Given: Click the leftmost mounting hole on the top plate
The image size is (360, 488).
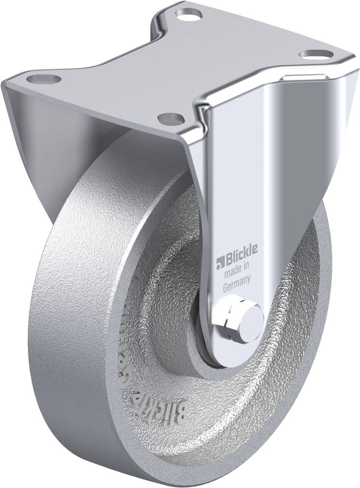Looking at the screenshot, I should [x=44, y=80].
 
